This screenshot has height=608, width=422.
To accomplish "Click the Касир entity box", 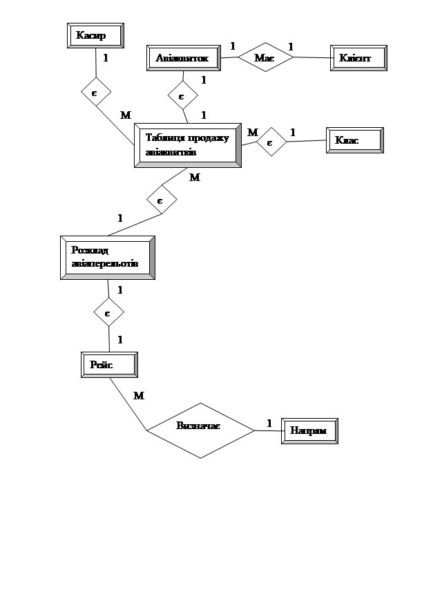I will click(95, 35).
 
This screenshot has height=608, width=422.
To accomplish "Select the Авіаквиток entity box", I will click(184, 57).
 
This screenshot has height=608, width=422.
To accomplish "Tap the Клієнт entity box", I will click(358, 57).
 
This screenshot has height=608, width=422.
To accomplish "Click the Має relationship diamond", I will click(265, 58).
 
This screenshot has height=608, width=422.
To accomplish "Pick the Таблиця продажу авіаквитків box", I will click(187, 145).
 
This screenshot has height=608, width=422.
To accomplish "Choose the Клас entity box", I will click(354, 140).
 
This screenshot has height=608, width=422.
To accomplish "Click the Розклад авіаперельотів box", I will click(108, 258).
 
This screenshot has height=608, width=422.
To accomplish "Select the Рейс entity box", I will click(109, 365).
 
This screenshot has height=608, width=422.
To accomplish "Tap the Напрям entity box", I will click(309, 431).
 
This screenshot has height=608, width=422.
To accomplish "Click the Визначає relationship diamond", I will click(200, 430).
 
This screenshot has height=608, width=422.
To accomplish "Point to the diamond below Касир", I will click(95, 91).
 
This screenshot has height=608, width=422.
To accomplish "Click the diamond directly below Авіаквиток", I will click(182, 95).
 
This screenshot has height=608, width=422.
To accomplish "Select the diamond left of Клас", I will click(271, 142).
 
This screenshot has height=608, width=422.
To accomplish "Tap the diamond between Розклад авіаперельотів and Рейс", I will click(108, 313).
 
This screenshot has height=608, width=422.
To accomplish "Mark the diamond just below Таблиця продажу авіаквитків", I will click(162, 200).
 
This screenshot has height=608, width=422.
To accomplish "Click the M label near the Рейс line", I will click(139, 396).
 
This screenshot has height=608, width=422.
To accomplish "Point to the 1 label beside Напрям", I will click(269, 423).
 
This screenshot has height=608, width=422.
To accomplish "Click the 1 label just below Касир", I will click(105, 58).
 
